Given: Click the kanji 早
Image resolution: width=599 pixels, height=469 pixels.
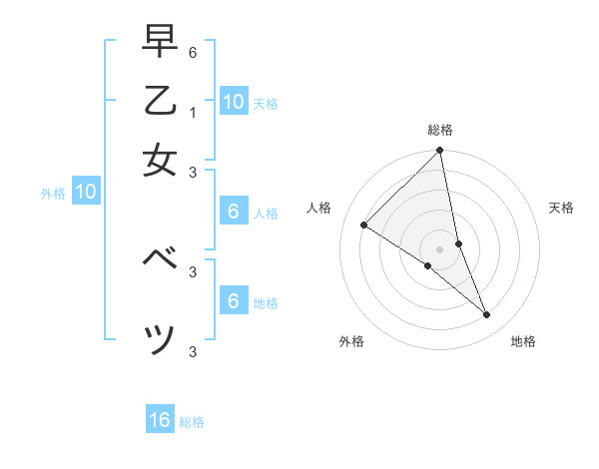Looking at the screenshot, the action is click(160, 44).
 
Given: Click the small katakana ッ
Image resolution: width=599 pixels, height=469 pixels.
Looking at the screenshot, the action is click(161, 339).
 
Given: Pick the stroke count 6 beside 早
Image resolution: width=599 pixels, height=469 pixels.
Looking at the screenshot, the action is click(194, 52).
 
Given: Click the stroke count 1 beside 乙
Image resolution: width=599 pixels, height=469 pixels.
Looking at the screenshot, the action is click(194, 113).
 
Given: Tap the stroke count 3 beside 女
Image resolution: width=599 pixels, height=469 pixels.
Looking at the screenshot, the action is click(194, 171).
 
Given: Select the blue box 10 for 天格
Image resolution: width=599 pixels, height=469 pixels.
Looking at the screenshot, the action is click(233, 102).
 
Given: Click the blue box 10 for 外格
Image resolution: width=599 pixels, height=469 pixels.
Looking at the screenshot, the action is click(86, 193).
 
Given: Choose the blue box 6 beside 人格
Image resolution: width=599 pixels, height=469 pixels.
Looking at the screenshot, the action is click(233, 212).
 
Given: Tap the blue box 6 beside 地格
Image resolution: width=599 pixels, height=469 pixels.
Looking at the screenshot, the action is click(233, 301).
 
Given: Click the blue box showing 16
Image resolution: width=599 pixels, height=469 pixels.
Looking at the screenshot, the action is click(160, 420).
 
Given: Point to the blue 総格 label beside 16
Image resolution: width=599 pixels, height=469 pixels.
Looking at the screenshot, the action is click(192, 422).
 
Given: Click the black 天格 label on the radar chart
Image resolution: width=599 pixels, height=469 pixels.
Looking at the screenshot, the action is click(561, 208).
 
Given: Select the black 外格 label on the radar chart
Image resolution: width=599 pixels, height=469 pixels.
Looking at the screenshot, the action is click(351, 341).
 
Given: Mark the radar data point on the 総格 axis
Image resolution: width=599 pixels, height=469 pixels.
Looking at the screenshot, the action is click(439, 151).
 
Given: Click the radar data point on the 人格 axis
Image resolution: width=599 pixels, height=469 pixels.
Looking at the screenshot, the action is click(364, 226).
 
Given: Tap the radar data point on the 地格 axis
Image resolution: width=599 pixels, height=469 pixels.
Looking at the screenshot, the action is click(487, 315).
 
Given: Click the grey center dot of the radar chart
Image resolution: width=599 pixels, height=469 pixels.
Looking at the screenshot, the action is click(439, 248).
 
